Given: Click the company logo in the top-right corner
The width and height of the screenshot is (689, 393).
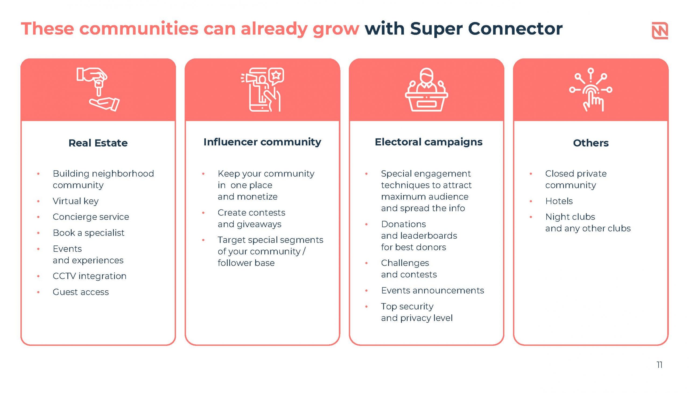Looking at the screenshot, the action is pos(660,30).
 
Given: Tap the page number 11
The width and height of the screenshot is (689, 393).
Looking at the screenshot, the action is pos(659,365).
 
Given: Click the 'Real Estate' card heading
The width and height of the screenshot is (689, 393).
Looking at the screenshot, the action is pos(98,143).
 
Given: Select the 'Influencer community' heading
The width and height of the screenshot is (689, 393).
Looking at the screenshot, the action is pos(262,142).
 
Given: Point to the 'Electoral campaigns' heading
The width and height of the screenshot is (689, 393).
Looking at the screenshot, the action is pos(428,142).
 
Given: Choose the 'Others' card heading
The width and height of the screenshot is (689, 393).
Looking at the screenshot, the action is pos(591,143).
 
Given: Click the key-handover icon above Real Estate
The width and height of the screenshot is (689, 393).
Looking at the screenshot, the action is pos(98,89).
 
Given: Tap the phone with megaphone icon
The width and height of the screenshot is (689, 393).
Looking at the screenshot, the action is pos(262,89).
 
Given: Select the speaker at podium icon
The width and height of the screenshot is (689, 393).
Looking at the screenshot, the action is pos(426,89).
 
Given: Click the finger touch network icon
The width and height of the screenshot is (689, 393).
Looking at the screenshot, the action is pos(591,89).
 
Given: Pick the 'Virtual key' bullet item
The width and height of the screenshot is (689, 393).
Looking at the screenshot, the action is pos(76,201).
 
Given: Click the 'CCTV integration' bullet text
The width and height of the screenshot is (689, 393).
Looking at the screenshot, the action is pos(89,276).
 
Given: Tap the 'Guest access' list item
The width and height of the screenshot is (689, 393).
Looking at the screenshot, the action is pos(80,292).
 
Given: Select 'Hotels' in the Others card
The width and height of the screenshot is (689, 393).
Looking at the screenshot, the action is pos(559,201).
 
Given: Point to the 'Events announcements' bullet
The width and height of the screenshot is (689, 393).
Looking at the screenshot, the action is pos(432,290).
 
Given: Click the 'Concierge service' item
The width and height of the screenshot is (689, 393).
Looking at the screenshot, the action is pos(91,217).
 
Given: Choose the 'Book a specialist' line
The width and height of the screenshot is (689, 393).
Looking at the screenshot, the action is pos(88,233).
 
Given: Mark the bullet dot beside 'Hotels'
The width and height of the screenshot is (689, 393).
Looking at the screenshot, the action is pos(531,201).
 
